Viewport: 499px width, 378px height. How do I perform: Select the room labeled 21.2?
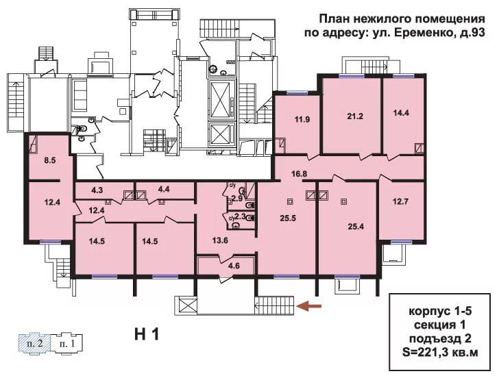pos(354,116)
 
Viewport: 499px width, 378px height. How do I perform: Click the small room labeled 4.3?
pos(97,190)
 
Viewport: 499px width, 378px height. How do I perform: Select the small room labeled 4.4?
pos(164,190)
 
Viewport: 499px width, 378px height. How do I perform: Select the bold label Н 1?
pos(147,335)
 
